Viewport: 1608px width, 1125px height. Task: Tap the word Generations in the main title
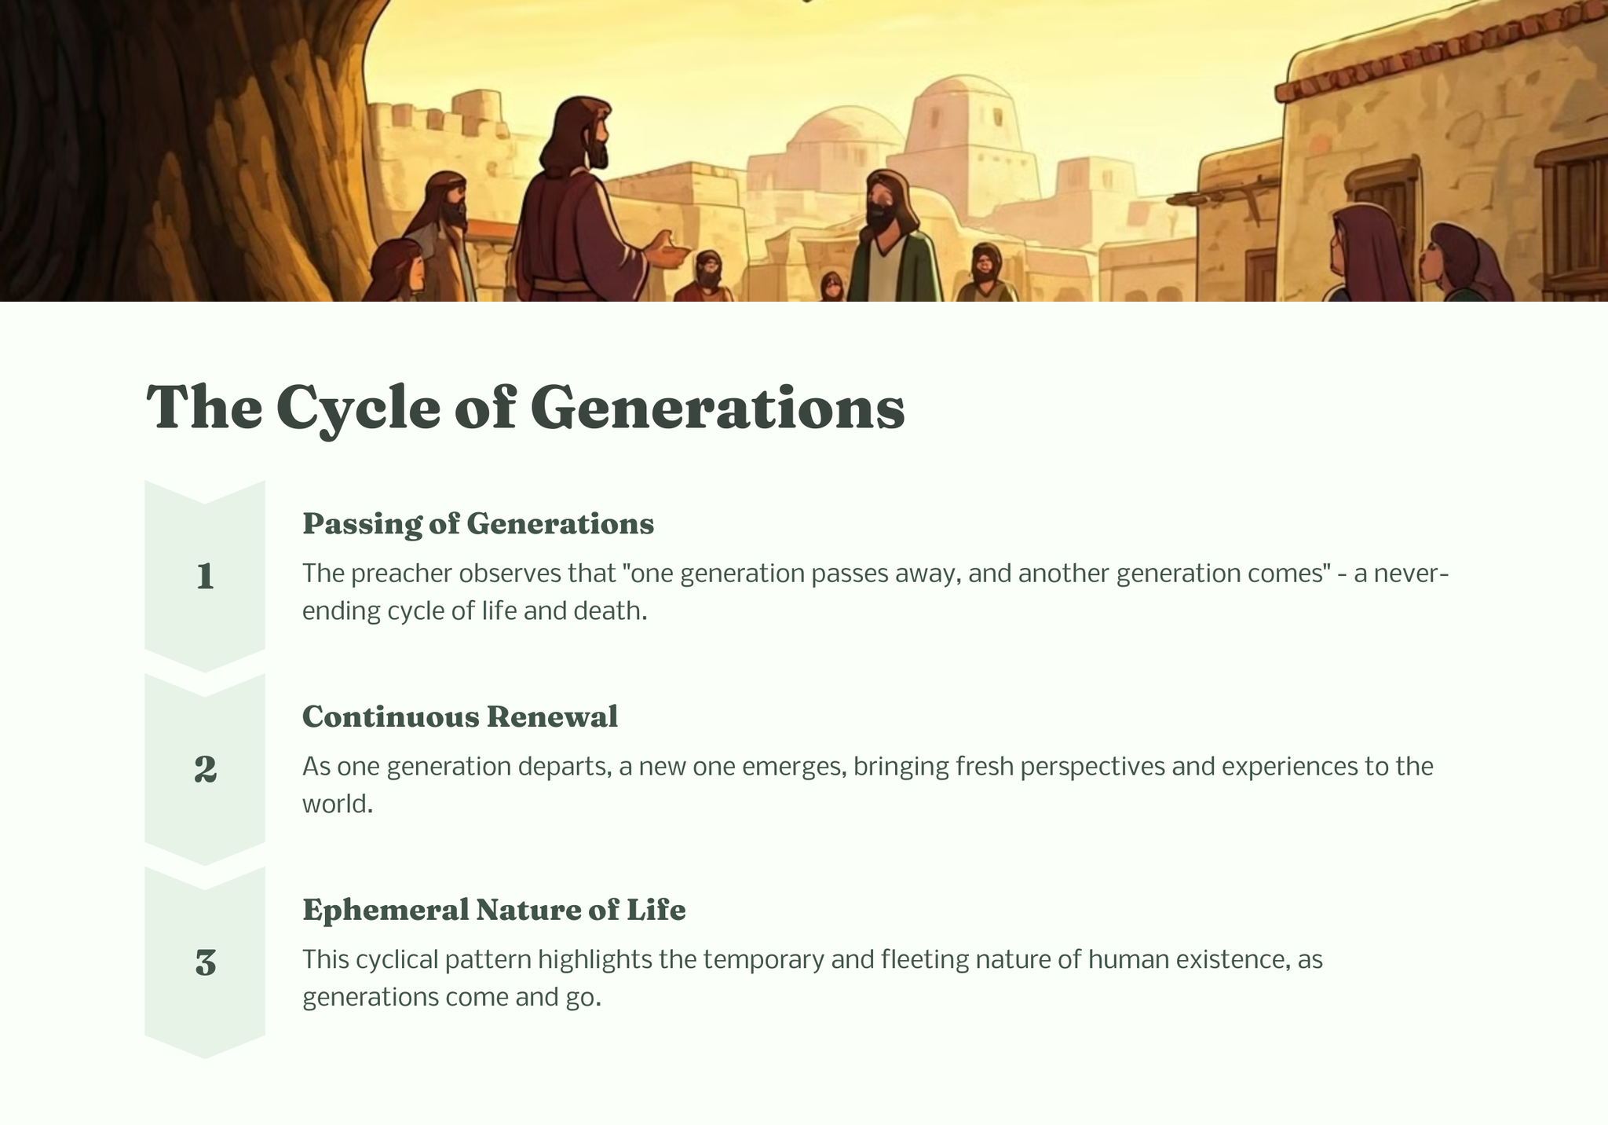coord(718,408)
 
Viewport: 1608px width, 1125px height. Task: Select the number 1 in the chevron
coord(205,576)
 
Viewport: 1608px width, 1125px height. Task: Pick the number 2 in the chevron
coord(205,769)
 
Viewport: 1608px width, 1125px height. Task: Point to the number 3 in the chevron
coord(205,962)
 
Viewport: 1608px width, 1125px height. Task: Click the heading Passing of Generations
coord(478,524)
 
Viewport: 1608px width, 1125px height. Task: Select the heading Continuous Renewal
coord(460,716)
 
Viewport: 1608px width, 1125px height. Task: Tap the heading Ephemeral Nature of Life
coord(494,910)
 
